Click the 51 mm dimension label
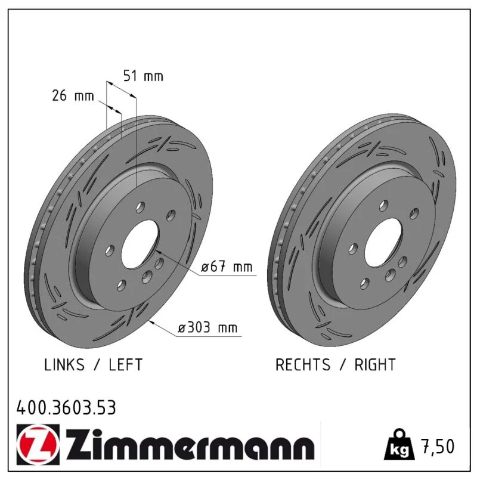pos(143,76)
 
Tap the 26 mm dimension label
pos(73,96)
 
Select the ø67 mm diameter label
pos(227,267)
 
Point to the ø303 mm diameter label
pos(207,327)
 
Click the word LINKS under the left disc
pos(64,364)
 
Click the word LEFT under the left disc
pos(126,364)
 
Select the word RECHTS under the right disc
pos(303,364)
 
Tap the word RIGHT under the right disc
pos(375,364)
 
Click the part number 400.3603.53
pos(66,408)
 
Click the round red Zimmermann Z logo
pos(38,445)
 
